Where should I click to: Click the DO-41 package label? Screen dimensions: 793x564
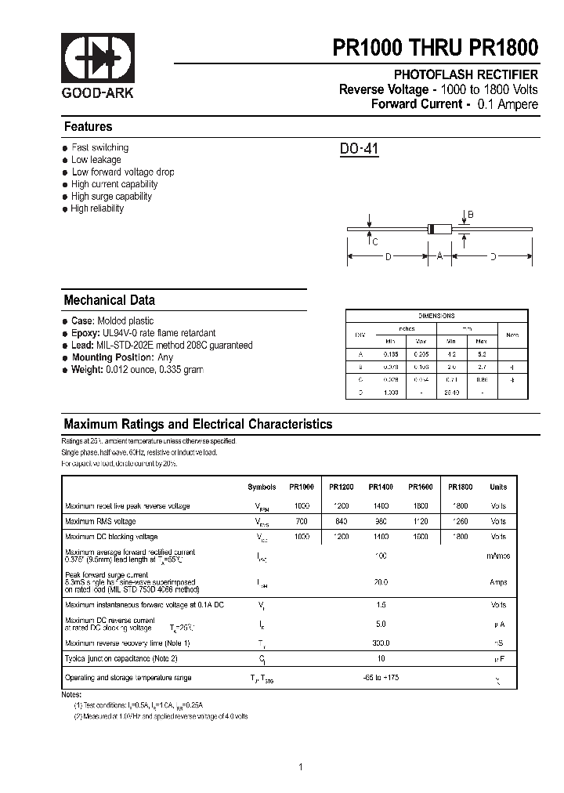359,149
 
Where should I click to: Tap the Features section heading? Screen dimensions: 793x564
88,127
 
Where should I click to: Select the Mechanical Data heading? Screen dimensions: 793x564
109,300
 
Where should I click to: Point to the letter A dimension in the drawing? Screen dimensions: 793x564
440,255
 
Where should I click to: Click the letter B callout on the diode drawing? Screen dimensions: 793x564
471,215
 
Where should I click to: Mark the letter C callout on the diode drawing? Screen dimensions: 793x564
375,242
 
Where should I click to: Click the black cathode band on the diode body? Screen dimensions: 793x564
430,229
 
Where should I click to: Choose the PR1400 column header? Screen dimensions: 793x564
381,487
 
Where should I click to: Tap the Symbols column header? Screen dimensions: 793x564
262,487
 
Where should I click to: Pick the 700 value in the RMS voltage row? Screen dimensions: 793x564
302,521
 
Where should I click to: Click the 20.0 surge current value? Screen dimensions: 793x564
381,582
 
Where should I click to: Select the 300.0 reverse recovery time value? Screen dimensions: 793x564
381,643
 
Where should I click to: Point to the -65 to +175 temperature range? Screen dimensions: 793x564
381,677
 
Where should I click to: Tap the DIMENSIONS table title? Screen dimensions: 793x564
436,316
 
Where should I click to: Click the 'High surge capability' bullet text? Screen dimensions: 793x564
111,197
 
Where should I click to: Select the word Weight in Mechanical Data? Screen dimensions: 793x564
87,369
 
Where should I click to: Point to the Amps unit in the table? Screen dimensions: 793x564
498,582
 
